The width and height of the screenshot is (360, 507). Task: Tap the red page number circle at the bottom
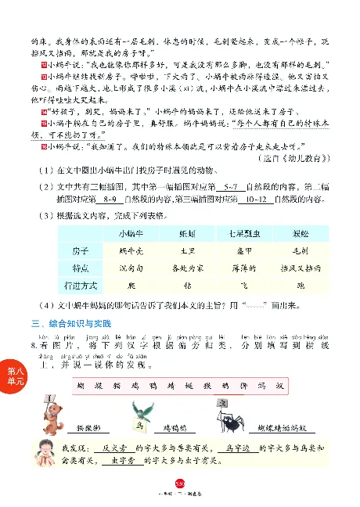click(x=179, y=489)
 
